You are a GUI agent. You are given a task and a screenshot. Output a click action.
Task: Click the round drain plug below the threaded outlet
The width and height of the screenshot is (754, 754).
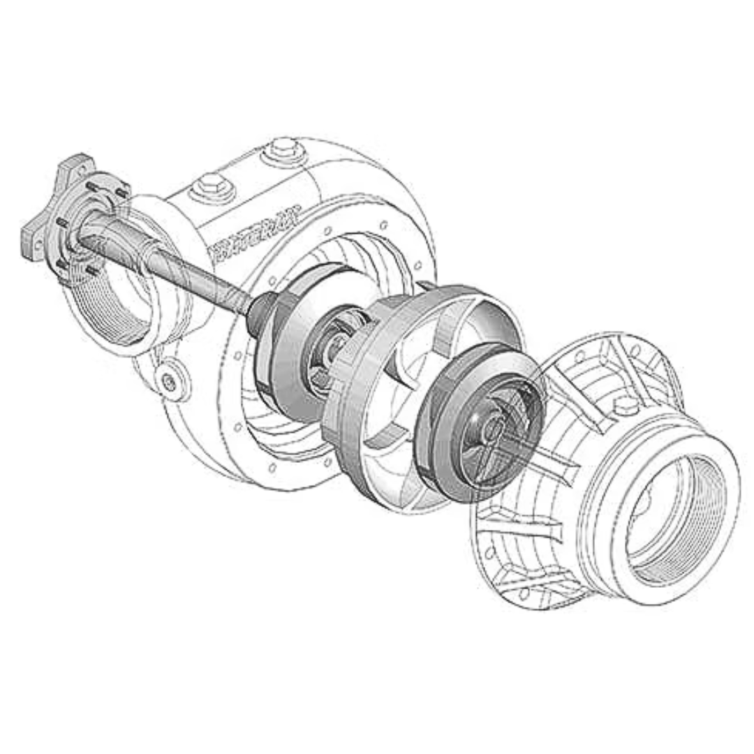pos(170,380)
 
